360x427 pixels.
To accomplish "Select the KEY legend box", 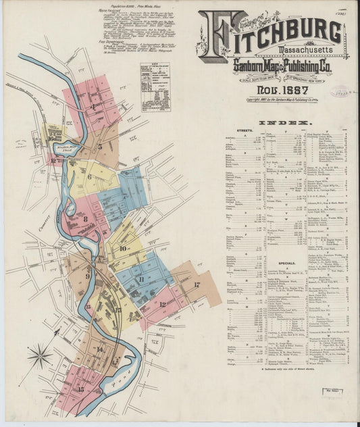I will tap(155, 86).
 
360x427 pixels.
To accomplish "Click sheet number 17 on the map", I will tap(197, 284).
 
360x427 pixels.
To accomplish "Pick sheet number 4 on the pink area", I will tap(93, 106).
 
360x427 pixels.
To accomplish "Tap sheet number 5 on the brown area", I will tap(100, 145).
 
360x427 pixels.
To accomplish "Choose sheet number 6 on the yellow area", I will tap(89, 177).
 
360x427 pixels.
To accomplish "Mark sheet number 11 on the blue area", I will tap(140, 278).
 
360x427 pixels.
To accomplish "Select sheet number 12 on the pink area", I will tap(163, 304).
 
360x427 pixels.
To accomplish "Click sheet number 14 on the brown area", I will tap(99, 349).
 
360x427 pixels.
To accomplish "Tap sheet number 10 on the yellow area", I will tap(123, 248).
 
